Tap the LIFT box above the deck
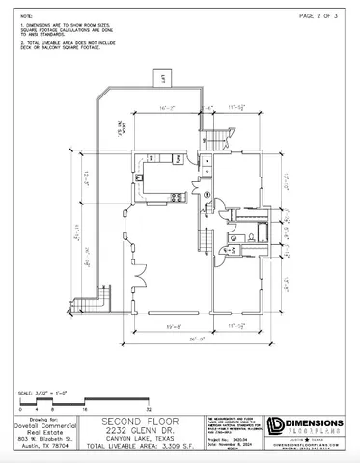pyautogui.click(x=164, y=77)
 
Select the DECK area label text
pyautogui.click(x=122, y=134)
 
